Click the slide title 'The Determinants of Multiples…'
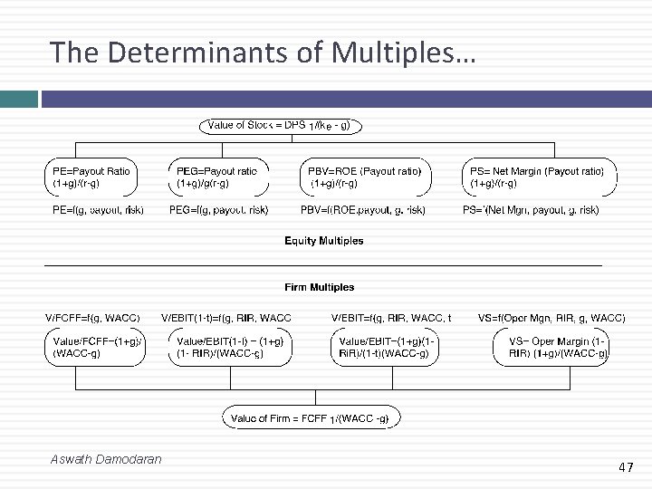point(262,53)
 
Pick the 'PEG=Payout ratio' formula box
point(219,177)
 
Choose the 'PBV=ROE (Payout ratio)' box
point(366,177)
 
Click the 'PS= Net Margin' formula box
point(540,177)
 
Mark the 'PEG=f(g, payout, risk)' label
point(219,210)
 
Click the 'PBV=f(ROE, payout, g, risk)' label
point(364,210)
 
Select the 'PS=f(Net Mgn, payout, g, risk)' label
point(532,210)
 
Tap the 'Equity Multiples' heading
point(324,241)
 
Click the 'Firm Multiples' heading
point(320,287)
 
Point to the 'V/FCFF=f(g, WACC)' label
point(92,318)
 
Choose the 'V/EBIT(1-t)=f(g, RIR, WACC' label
point(226,318)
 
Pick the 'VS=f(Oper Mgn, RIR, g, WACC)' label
point(551,318)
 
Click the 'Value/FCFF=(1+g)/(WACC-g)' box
point(95,347)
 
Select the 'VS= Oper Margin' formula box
point(552,347)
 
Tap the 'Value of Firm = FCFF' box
point(311,418)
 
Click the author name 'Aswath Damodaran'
point(107,459)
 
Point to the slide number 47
point(625,467)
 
